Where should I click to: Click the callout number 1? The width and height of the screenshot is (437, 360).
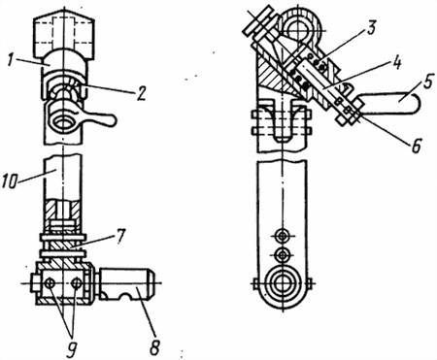click(x=12, y=61)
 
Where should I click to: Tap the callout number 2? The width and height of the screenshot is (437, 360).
click(x=141, y=93)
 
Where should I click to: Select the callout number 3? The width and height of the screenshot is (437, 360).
click(x=371, y=27)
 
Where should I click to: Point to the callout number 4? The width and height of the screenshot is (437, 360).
click(x=396, y=63)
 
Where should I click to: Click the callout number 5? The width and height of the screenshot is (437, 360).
click(x=427, y=83)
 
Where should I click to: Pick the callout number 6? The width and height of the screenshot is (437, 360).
click(x=416, y=146)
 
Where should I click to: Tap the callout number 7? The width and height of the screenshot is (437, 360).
click(x=119, y=237)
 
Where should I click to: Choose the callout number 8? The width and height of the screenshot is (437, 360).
click(x=154, y=347)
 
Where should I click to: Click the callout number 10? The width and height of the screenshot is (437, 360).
click(x=11, y=182)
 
